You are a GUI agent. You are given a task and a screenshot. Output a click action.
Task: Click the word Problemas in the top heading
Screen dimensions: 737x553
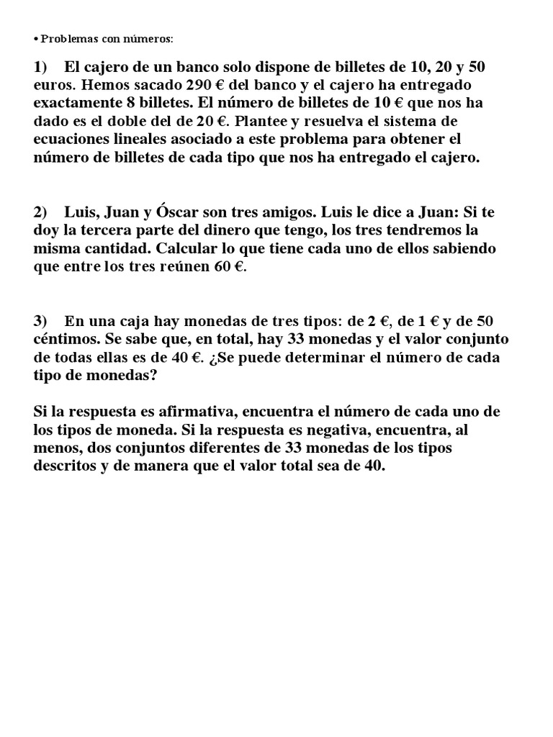tap(65, 38)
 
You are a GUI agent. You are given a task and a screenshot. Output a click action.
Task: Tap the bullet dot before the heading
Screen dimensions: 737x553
tap(35, 38)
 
